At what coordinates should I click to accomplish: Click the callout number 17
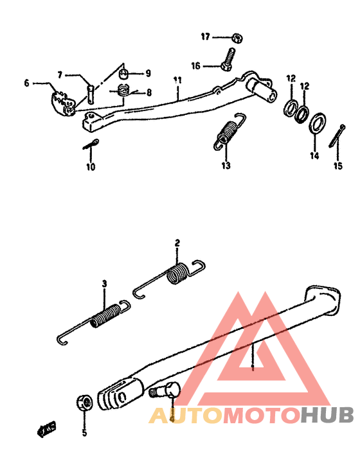tap(205, 37)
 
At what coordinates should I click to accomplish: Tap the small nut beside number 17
tap(236, 37)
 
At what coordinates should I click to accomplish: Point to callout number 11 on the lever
tap(178, 80)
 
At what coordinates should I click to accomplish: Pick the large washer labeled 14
tap(316, 124)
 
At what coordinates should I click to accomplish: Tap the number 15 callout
tap(337, 166)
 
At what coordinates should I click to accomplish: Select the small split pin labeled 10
tap(90, 145)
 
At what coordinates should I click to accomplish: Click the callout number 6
tap(27, 83)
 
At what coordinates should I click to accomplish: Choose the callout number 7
tap(59, 75)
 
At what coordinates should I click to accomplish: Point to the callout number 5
tap(84, 433)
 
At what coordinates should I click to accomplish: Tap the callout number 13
tap(226, 166)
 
